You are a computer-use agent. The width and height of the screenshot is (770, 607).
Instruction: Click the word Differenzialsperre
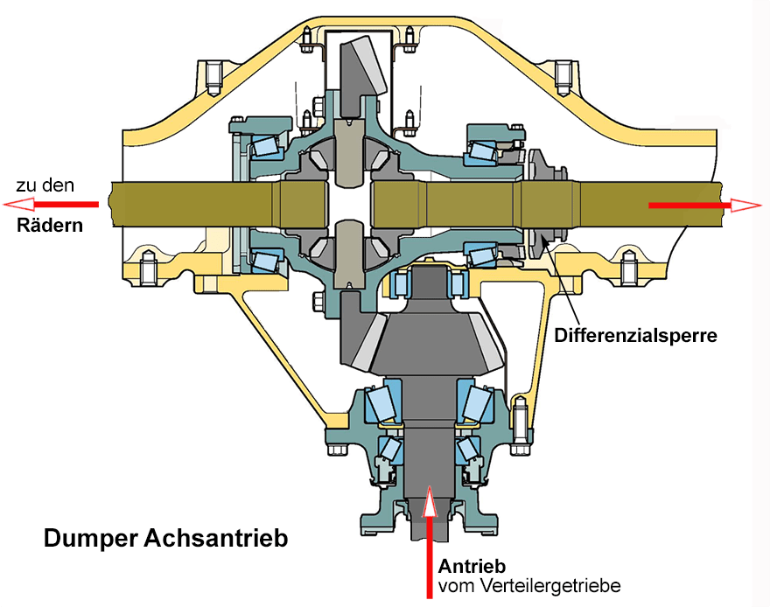coord(636,335)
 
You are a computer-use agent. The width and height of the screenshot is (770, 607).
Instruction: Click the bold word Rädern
coord(50,225)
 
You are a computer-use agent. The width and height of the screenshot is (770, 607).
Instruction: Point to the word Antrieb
coord(472,565)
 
